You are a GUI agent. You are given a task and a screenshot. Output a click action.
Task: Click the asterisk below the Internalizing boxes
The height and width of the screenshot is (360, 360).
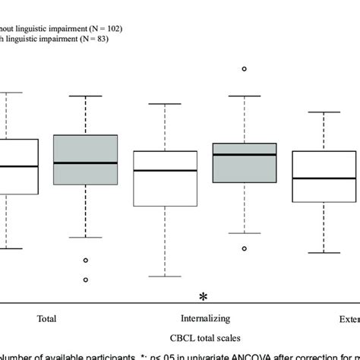203,296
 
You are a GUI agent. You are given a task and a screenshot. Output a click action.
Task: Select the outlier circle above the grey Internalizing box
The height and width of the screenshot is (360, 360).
244,69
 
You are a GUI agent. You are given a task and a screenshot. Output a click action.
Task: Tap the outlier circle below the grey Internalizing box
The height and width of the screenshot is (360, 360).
244,248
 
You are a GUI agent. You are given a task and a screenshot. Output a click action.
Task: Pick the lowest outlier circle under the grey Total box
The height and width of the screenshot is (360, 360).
86,279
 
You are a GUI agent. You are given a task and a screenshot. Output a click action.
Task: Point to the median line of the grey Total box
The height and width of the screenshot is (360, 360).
86,163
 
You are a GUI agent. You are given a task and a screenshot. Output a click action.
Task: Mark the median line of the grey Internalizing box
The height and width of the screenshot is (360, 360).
244,155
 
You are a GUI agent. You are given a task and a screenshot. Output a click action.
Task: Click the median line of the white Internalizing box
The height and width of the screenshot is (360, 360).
165,171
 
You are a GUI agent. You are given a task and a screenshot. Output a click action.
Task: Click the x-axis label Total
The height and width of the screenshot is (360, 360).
46,318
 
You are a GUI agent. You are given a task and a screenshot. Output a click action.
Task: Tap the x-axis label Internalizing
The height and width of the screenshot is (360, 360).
204,318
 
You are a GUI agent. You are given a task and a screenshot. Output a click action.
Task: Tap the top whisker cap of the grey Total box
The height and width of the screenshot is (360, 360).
86,96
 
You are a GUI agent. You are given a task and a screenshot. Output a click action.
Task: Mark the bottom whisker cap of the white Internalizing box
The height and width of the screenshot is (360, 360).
165,276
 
